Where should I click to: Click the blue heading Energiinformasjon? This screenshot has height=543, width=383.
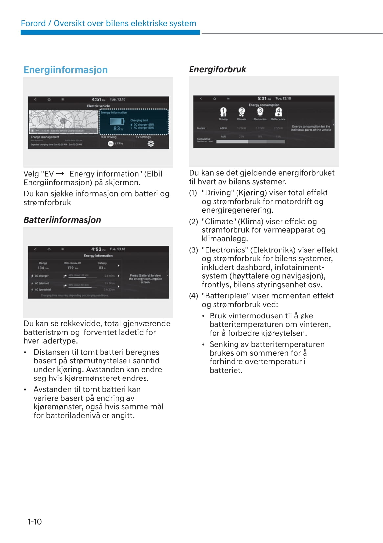pyautogui.click(x=66, y=70)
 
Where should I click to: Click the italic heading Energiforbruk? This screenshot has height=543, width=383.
pyautogui.click(x=217, y=69)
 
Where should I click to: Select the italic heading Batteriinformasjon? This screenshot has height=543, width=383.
pyautogui.click(x=62, y=220)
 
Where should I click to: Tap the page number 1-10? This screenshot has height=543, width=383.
pyautogui.click(x=34, y=522)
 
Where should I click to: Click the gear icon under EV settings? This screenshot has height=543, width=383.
pyautogui.click(x=151, y=143)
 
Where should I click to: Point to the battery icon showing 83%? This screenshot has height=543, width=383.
pyautogui.click(x=117, y=121)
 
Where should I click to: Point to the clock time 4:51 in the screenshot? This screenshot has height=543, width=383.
pyautogui.click(x=97, y=99)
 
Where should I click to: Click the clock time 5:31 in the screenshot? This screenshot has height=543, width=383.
pyautogui.click(x=262, y=98)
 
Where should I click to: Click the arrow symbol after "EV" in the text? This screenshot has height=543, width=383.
pyautogui.click(x=60, y=174)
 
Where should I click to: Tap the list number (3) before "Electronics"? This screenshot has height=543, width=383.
pyautogui.click(x=193, y=250)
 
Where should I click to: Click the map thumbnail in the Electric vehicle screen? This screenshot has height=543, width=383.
pyautogui.click(x=63, y=121)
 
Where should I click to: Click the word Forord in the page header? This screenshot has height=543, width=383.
pyautogui.click(x=33, y=23)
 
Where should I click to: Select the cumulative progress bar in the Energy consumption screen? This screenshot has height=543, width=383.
pyautogui.click(x=251, y=142)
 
